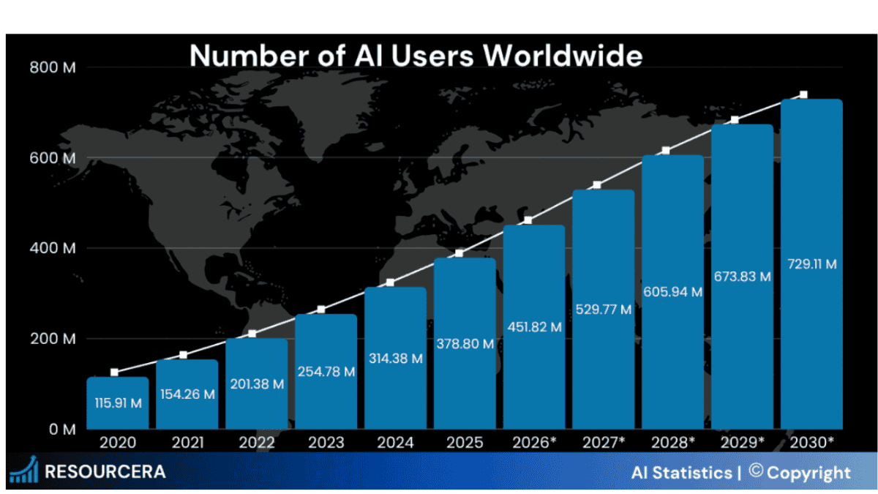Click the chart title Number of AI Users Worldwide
(416, 56)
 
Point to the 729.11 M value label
(811, 263)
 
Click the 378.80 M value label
(465, 343)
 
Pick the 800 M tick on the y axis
(53, 68)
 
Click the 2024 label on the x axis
(395, 443)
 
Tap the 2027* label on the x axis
(604, 443)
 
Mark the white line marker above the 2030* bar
(803, 95)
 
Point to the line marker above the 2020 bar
(114, 373)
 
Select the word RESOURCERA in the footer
(105, 471)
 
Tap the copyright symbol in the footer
(756, 471)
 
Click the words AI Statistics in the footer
(681, 473)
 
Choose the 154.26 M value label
(187, 394)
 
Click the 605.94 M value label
(672, 292)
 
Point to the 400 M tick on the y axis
(53, 249)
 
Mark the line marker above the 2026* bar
(528, 220)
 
